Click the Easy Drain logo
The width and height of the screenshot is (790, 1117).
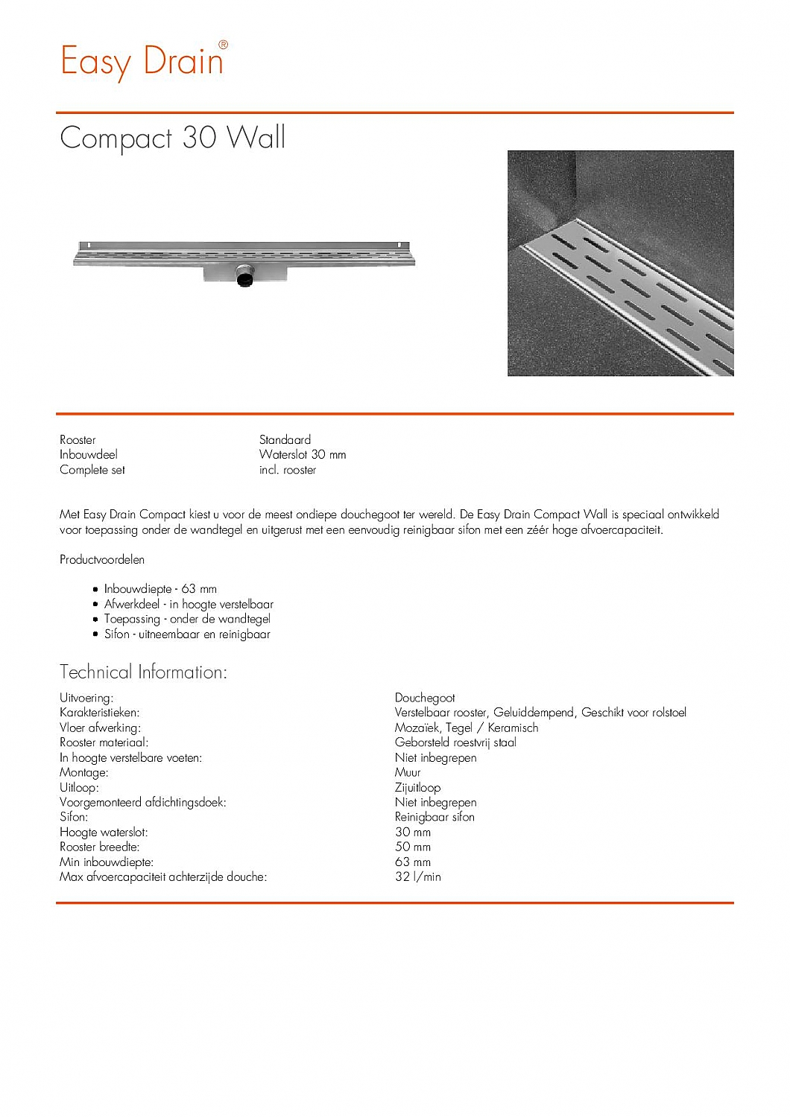coord(142,60)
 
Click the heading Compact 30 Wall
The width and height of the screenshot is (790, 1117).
coord(172,138)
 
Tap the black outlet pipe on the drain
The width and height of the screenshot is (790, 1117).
coord(244,278)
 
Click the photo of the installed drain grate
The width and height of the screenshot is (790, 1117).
coord(620,263)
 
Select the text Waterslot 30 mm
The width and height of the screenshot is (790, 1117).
coord(302,454)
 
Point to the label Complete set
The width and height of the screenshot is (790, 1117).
coord(92,470)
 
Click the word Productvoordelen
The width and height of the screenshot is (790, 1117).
coord(102,559)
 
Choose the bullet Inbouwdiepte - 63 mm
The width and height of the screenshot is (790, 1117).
coord(160,589)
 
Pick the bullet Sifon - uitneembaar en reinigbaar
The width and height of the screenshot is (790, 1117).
coord(187,634)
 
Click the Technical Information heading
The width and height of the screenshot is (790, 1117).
coord(143,672)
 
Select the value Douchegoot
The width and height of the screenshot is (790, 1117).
coord(425,698)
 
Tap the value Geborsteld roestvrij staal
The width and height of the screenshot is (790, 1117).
coord(455,742)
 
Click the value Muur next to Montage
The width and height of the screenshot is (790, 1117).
coord(408,772)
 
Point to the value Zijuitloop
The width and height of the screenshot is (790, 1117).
coord(417,787)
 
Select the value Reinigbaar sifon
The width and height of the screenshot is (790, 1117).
coord(434,817)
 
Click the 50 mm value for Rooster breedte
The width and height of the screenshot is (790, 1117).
coord(413,847)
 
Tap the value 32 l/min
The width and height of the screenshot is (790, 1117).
coord(417,876)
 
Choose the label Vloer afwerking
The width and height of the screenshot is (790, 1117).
coord(100,728)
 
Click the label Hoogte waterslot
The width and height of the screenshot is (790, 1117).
coord(104,832)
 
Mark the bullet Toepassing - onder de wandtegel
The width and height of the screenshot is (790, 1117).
coord(187,619)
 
